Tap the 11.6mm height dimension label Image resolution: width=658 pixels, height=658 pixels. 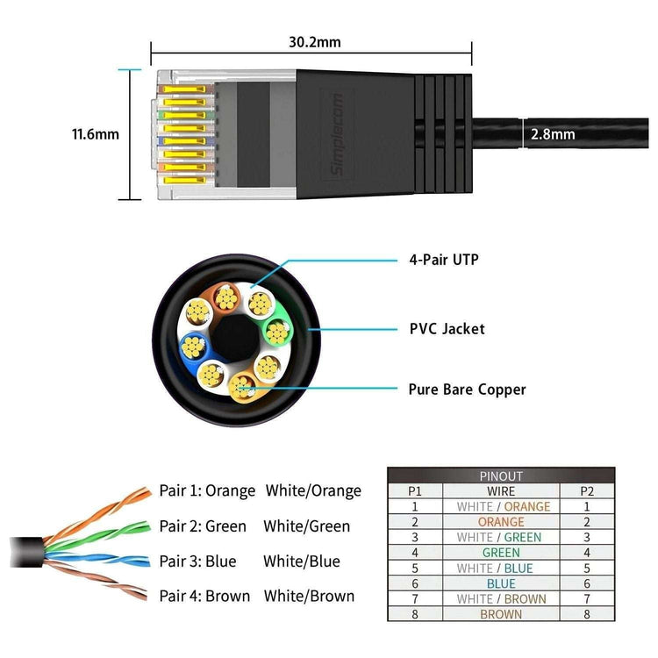[x=95, y=134]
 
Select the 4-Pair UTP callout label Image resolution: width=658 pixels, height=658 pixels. [x=444, y=259]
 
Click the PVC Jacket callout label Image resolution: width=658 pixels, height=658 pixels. [x=447, y=329]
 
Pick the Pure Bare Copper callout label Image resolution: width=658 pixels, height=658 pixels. [x=467, y=388]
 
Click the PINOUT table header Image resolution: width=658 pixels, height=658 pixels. [x=501, y=476]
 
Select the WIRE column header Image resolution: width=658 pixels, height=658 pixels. [x=501, y=491]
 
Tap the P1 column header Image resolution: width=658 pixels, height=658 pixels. [x=415, y=491]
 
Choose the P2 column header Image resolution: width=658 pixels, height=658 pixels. [x=587, y=491]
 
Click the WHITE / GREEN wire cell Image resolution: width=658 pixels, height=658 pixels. [x=501, y=537]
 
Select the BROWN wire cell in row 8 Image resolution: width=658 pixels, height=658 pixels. [x=501, y=614]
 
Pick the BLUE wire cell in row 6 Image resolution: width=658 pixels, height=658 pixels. [x=501, y=583]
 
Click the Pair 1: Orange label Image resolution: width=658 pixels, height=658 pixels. [x=207, y=490]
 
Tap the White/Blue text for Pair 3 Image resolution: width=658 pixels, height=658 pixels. [x=302, y=561]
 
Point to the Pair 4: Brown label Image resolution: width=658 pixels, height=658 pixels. [x=204, y=596]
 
